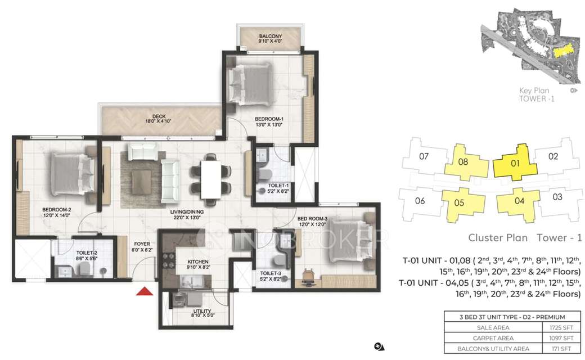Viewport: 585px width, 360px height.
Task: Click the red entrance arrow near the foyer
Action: click(x=145, y=291)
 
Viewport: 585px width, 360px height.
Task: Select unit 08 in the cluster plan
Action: click(x=463, y=162)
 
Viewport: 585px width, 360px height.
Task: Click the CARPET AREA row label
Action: click(x=476, y=338)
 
